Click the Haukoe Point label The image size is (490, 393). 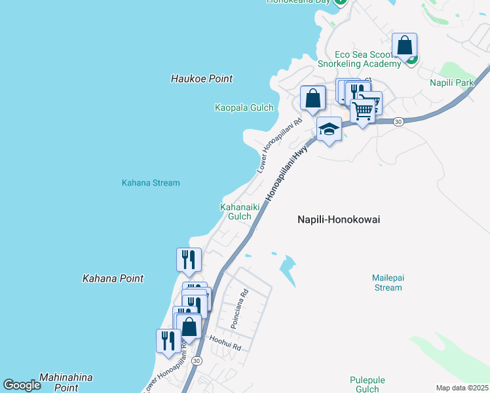[x=202, y=79]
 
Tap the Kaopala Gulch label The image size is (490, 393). [x=244, y=107]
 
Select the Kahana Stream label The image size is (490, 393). [x=151, y=183]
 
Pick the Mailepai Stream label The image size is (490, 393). [x=387, y=282]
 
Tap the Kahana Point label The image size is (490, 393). [x=113, y=278]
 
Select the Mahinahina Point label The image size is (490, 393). [x=66, y=383]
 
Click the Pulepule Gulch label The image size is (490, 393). [x=367, y=384]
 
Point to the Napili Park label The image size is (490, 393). [x=451, y=83]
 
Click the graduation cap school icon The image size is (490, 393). [x=329, y=130]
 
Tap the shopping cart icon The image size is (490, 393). [x=362, y=111]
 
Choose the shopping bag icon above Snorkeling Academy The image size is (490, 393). [x=405, y=46]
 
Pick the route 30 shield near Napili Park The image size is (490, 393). [x=398, y=122]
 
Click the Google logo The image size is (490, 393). [x=22, y=386]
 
